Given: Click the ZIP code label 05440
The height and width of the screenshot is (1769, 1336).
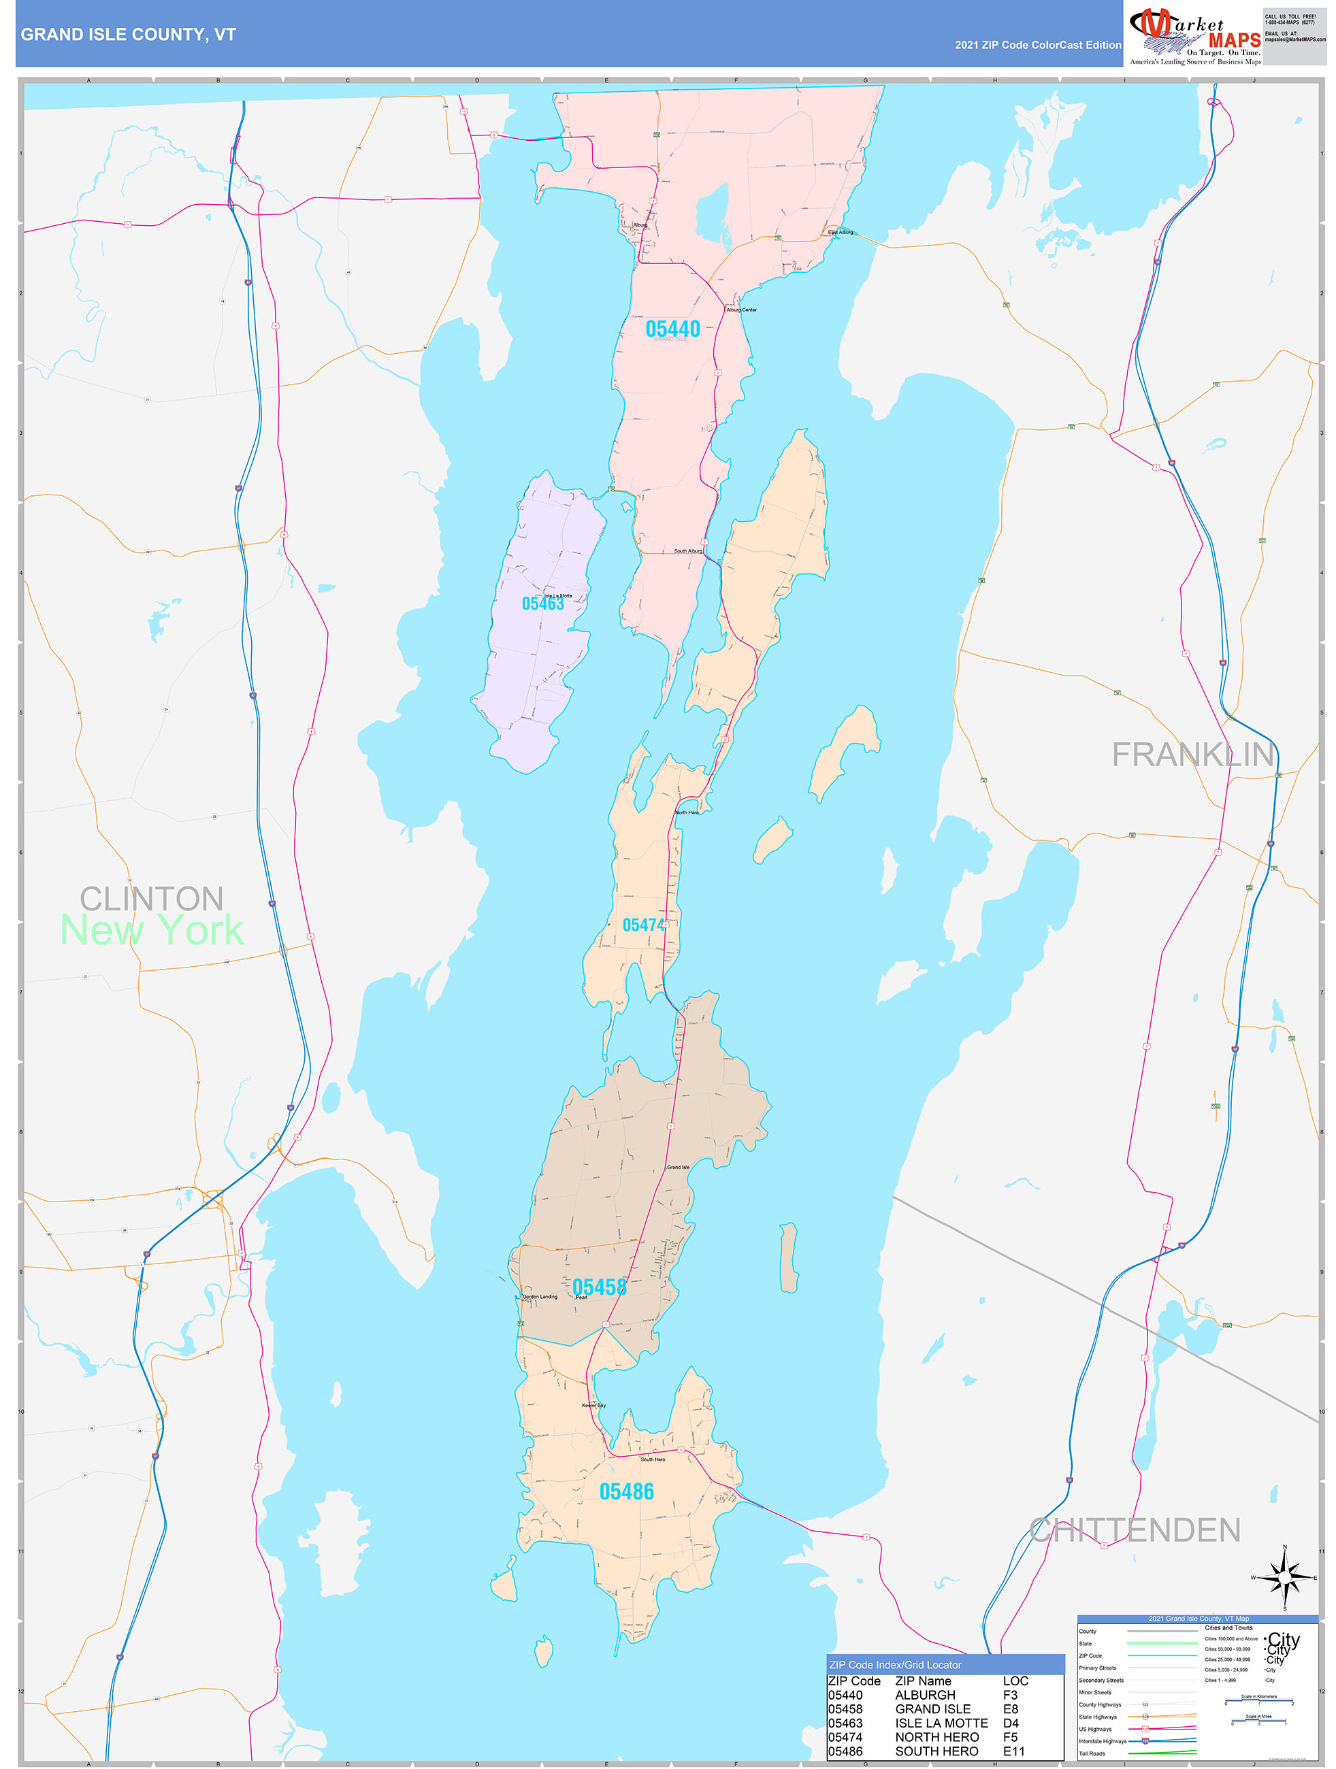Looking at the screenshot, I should pos(673,329).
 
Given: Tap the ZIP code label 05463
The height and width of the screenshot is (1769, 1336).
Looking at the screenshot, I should pos(543,604).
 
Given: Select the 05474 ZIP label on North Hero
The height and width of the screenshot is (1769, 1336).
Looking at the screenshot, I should pos(644,925).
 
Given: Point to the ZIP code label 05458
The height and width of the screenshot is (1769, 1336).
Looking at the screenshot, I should pos(599,1287).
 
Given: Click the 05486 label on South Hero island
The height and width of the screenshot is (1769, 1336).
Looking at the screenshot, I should pos(626,1491).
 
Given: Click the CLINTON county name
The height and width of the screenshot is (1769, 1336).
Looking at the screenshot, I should pos(152,899).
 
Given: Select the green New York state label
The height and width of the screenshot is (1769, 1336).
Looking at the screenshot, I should pos(152,931).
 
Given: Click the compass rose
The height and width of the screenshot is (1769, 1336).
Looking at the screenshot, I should pos(1285,1577).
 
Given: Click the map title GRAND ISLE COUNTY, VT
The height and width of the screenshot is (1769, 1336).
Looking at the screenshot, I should pos(128,35).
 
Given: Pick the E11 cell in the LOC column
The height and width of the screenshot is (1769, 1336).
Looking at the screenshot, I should pos(1013,1751).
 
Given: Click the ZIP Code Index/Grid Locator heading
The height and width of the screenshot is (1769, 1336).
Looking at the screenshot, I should pos(895,1664).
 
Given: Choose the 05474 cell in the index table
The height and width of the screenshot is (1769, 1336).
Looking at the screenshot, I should pos(845,1736).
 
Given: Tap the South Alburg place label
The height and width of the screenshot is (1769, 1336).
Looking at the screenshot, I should pos(688,551).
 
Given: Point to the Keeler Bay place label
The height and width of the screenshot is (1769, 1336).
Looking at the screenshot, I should pos(593,1405).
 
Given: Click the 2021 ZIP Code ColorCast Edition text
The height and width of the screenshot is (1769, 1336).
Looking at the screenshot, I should pos(1038,46).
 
